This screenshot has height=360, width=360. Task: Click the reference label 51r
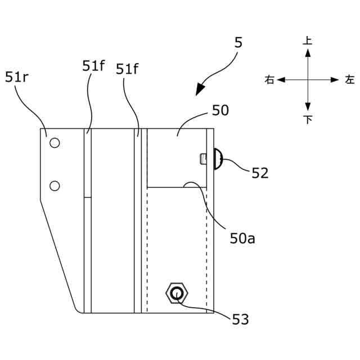pyautogui.click(x=17, y=77)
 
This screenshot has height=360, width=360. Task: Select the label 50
pyautogui.click(x=220, y=110)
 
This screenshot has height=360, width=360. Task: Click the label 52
pyautogui.click(x=260, y=173)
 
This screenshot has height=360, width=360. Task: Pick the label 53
pyautogui.click(x=240, y=319)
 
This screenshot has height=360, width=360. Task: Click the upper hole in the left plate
pyautogui.click(x=55, y=143)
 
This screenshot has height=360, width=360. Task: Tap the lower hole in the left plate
pyautogui.click(x=55, y=185)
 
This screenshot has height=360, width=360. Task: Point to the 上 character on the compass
pyautogui.click(x=308, y=40)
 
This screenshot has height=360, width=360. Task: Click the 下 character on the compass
pyautogui.click(x=308, y=120)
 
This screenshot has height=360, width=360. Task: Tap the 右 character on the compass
pyautogui.click(x=269, y=80)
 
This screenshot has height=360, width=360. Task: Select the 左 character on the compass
pyautogui.click(x=350, y=80)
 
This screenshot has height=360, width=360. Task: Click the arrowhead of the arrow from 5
pyautogui.click(x=199, y=90)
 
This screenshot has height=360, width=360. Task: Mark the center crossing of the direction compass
pyautogui.click(x=308, y=80)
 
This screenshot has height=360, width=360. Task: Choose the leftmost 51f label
pyautogui.click(x=93, y=66)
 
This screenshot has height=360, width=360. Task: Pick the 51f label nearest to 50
pyautogui.click(x=127, y=69)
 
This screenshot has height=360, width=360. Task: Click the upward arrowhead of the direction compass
pyautogui.click(x=308, y=52)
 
